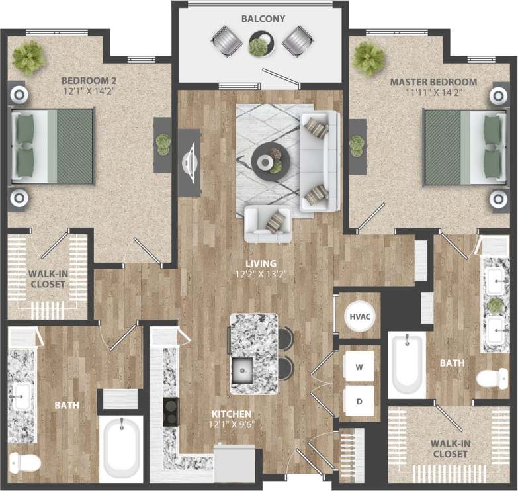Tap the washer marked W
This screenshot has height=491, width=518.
click(359, 366)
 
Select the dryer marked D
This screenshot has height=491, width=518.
click(359, 402)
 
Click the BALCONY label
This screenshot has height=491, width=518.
click(263, 19)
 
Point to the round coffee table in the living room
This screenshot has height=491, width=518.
click(270, 158)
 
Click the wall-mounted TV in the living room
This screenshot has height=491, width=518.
click(190, 162)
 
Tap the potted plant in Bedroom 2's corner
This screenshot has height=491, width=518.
click(28, 58)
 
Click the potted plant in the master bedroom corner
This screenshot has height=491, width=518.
click(368, 58)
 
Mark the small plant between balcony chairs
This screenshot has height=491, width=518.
click(259, 46)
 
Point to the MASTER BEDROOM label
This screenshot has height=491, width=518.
click(433, 82)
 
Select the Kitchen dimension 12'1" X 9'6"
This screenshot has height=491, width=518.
click(231, 424)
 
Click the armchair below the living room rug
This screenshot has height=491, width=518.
click(267, 224)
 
